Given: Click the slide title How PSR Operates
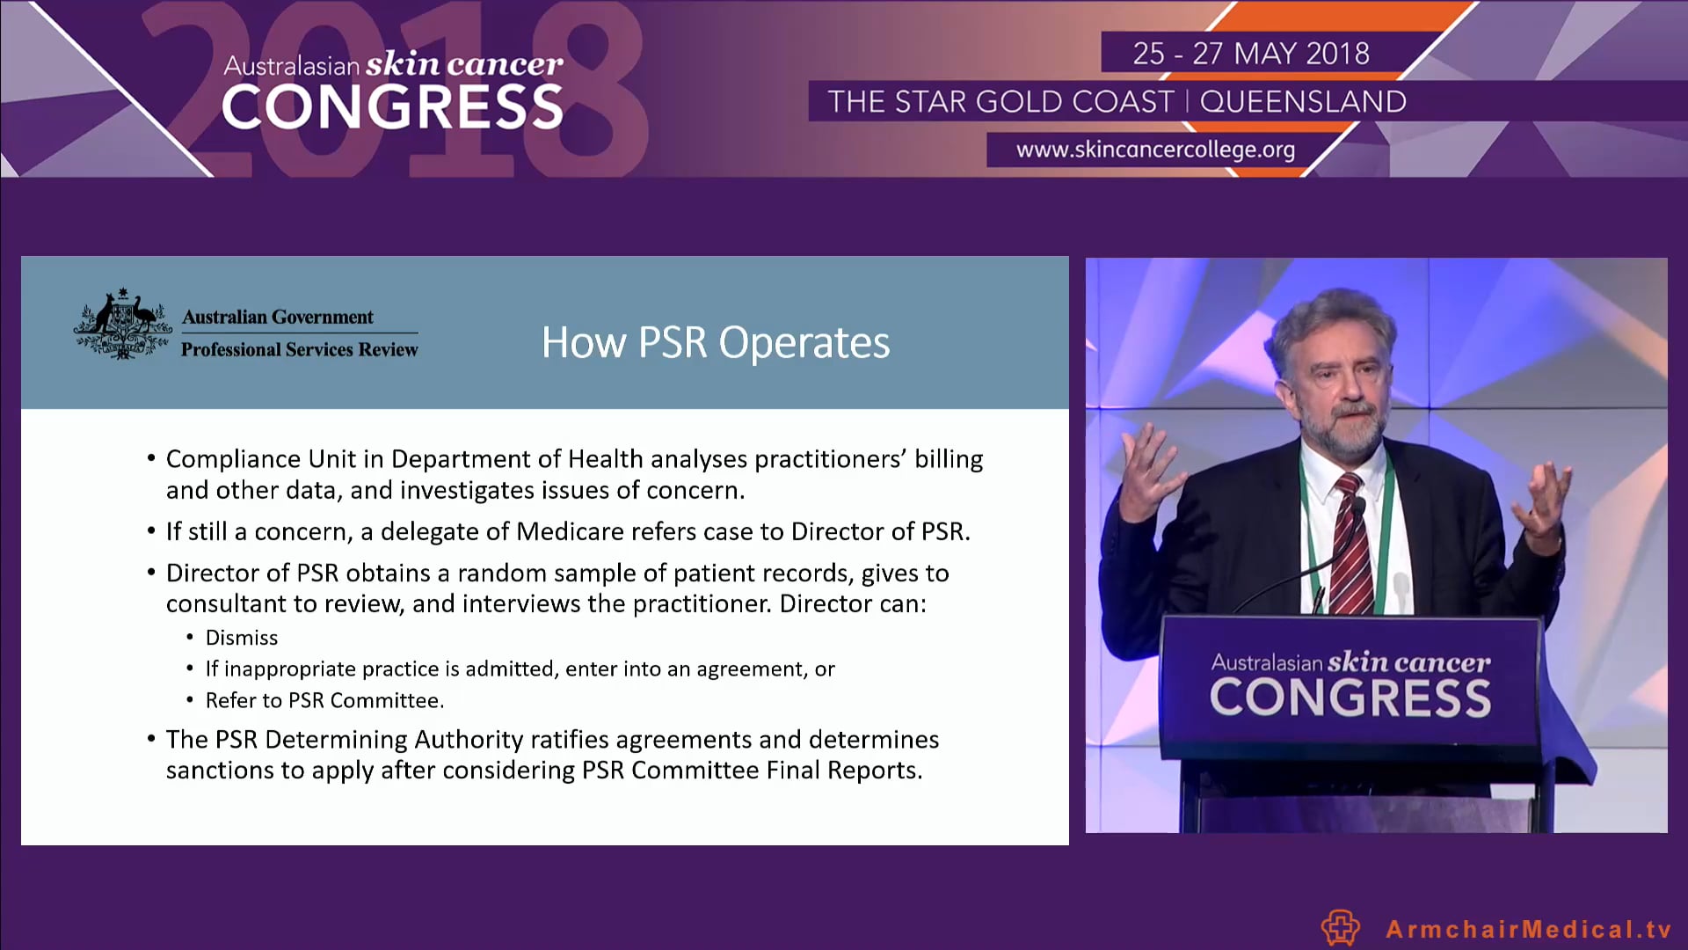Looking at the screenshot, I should tap(716, 342).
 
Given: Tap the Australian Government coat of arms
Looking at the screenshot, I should tap(122, 325).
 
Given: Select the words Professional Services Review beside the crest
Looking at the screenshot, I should tap(299, 349).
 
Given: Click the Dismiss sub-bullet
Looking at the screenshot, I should tap(241, 638).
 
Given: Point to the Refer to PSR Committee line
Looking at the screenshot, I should tap(324, 700).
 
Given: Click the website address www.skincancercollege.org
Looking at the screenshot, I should tap(1155, 150).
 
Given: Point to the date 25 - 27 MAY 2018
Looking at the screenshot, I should tap(1250, 54).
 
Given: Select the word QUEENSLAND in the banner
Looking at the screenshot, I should tap(1303, 102).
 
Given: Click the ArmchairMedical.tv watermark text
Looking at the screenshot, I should tap(1528, 929).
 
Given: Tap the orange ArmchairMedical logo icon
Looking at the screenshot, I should tap(1340, 928).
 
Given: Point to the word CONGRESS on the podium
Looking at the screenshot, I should tap(1350, 698).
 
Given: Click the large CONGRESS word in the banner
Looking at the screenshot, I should tap(392, 108).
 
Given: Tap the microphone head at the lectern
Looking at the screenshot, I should tap(1359, 508).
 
